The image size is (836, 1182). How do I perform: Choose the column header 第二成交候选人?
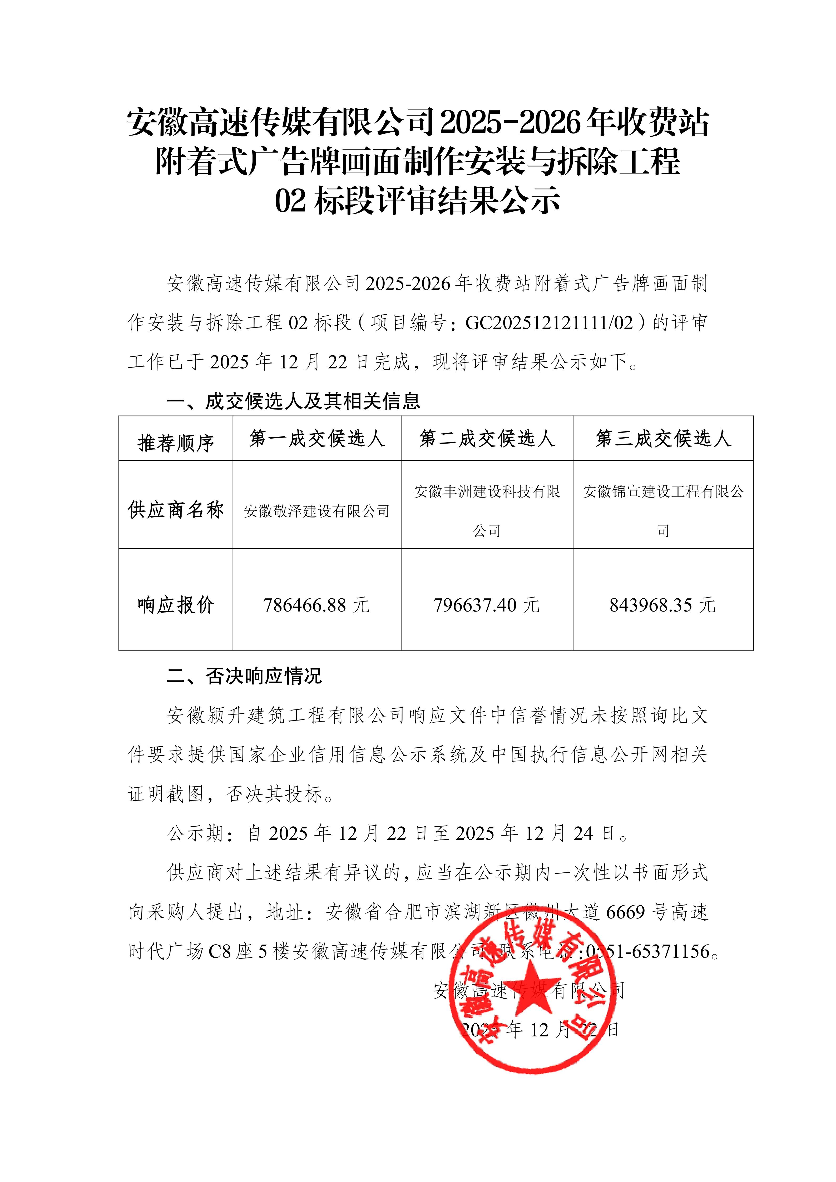(487, 439)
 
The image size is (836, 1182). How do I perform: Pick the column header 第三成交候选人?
(663, 439)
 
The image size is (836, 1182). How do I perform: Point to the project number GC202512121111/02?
(549, 323)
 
